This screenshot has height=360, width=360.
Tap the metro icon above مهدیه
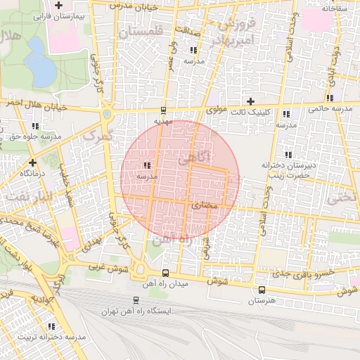click(x=163, y=110)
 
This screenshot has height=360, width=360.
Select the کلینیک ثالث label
click(x=250, y=112)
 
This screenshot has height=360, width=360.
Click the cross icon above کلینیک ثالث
click(x=250, y=101)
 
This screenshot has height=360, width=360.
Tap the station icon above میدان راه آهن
click(x=165, y=273)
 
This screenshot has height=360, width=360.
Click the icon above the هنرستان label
click(x=262, y=290)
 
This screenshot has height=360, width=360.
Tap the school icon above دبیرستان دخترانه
click(x=288, y=155)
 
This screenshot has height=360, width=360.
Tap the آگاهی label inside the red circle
click(x=193, y=160)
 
